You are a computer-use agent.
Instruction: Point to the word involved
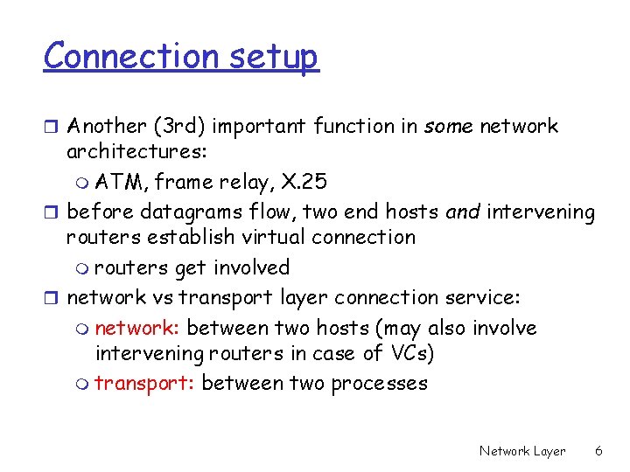[254, 267]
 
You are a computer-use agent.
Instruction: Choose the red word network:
[137, 328]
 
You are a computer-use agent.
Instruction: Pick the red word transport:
[144, 383]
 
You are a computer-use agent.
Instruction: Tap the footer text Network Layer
[522, 451]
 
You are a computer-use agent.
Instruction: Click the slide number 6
[598, 451]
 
